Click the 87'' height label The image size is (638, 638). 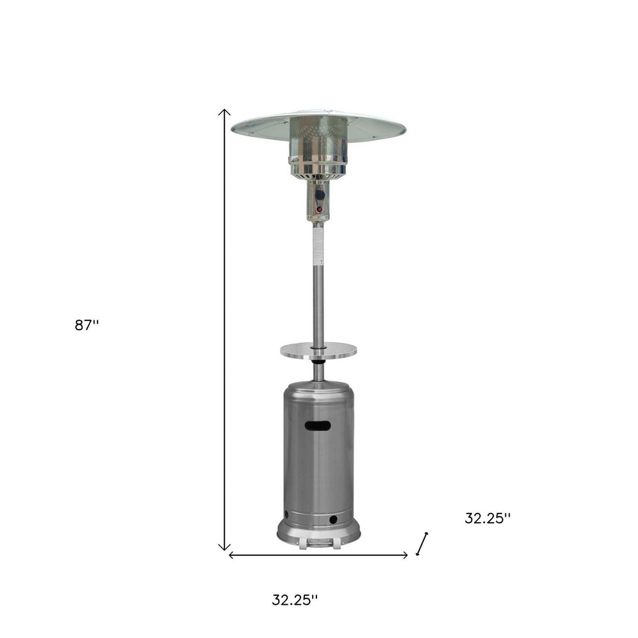pyautogui.click(x=87, y=325)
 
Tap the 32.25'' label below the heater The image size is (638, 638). pyautogui.click(x=294, y=600)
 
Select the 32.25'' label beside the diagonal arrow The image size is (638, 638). pyautogui.click(x=487, y=518)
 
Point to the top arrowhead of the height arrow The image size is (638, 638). pyautogui.click(x=224, y=112)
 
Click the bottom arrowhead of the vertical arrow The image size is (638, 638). pyautogui.click(x=224, y=547)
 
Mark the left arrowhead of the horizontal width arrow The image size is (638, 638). pyautogui.click(x=232, y=555)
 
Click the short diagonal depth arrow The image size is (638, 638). pyautogui.click(x=422, y=544)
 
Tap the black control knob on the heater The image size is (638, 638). pyautogui.click(x=320, y=195)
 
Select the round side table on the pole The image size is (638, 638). pyautogui.click(x=318, y=350)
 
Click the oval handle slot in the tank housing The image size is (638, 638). pyautogui.click(x=318, y=426)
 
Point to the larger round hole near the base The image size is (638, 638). pyautogui.click(x=332, y=521)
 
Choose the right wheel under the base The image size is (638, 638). pyautogui.click(x=334, y=544)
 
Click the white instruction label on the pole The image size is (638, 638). pyautogui.click(x=318, y=246)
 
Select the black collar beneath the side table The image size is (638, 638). pyautogui.click(x=318, y=362)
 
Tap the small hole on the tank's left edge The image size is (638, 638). pyautogui.click(x=286, y=514)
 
